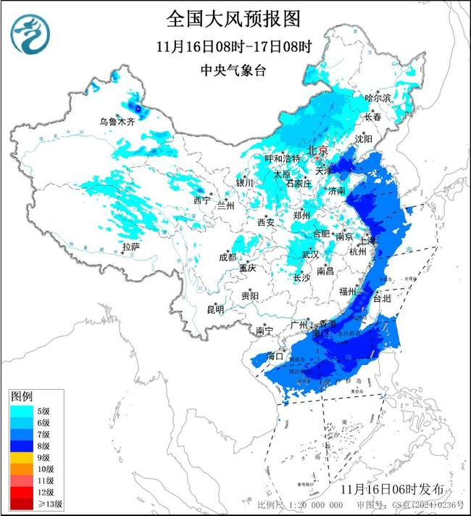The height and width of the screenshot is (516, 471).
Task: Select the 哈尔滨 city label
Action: [x=378, y=97]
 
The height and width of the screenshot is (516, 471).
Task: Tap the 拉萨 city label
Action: [x=130, y=247]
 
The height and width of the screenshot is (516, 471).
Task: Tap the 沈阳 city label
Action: [x=364, y=138]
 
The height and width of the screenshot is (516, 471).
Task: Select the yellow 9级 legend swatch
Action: [x=20, y=457]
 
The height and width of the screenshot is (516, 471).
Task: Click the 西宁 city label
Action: [x=201, y=200]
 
